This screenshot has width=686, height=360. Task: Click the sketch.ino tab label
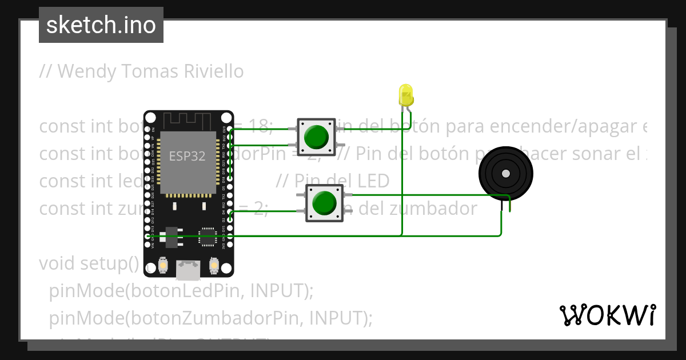(x=101, y=26)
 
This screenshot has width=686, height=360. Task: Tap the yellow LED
(x=406, y=94)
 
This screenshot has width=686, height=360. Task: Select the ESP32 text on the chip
(x=187, y=156)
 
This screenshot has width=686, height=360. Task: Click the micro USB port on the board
(x=188, y=270)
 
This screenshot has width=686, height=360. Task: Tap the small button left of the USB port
(x=163, y=266)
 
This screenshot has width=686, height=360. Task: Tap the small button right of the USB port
(x=214, y=266)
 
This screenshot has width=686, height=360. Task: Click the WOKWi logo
(x=607, y=315)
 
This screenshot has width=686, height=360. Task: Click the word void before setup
(x=58, y=263)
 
